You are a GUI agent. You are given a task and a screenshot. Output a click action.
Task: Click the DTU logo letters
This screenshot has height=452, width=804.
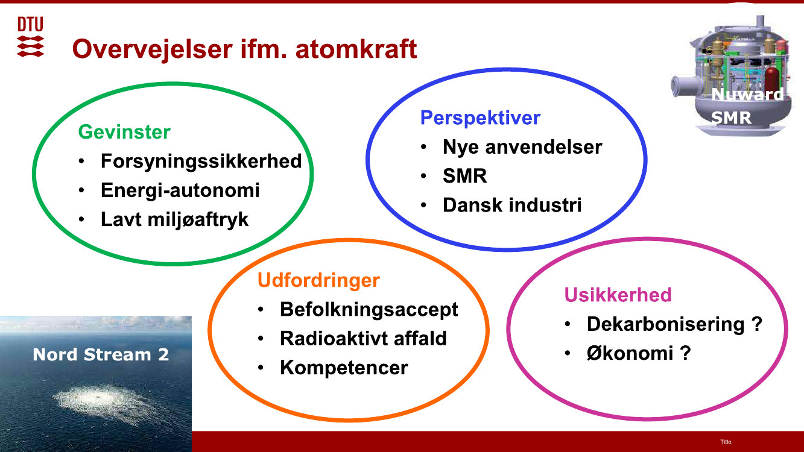click(x=30, y=24)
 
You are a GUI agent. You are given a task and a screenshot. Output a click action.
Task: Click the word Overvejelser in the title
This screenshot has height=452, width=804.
click(x=152, y=49)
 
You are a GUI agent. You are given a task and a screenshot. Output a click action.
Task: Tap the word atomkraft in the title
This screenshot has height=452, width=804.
click(x=356, y=49)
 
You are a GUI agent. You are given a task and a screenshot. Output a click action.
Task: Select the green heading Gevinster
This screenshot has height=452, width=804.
click(x=124, y=132)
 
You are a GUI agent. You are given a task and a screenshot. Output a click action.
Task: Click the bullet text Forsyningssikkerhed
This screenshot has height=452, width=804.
click(x=201, y=162)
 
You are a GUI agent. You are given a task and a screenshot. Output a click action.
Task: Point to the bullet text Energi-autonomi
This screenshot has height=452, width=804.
click(x=180, y=190)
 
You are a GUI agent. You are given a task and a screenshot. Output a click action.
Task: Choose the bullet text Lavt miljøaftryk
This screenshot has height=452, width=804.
click(x=174, y=219)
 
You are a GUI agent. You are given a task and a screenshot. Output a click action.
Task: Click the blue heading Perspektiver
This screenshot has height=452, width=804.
click(x=480, y=118)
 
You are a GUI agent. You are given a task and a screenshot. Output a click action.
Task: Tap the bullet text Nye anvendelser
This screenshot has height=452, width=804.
click(x=522, y=147)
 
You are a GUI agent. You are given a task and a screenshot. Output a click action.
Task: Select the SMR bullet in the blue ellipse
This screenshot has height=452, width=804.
click(x=465, y=176)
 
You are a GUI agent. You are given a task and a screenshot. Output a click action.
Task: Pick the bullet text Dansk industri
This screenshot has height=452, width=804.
click(x=512, y=205)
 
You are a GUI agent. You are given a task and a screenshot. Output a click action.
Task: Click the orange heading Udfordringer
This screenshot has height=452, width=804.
click(x=318, y=280)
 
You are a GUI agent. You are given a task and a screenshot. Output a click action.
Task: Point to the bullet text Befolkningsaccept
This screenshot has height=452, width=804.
click(x=369, y=310)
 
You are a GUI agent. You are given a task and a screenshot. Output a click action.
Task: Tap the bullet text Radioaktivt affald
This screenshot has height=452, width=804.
click(x=363, y=338)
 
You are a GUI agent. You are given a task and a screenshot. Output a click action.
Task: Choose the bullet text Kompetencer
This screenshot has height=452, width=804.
click(x=344, y=368)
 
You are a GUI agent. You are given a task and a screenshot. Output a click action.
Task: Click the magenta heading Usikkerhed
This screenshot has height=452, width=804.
click(x=618, y=295)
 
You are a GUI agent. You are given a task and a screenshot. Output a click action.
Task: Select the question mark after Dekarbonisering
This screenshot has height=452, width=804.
click(x=756, y=324)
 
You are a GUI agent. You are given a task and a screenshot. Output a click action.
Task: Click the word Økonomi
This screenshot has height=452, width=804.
click(x=630, y=353)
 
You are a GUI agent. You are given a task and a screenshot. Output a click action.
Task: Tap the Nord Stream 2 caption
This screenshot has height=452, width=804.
click(x=101, y=355)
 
